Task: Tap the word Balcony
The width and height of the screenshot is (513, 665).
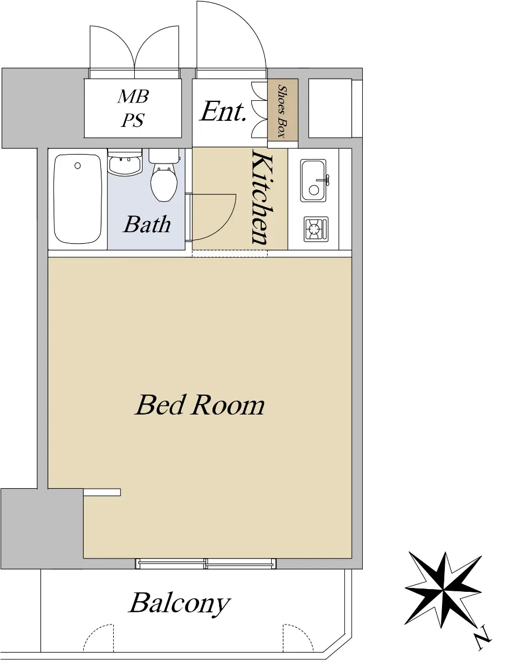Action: (x=180, y=603)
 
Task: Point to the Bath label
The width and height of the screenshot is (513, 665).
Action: (x=147, y=224)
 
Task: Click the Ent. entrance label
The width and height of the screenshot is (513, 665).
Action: (x=224, y=111)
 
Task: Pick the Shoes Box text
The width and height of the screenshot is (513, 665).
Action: (x=283, y=111)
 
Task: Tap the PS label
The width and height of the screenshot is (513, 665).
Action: (x=133, y=120)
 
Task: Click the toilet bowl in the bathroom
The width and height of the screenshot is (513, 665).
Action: (x=164, y=184)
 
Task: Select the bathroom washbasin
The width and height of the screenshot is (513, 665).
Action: (x=125, y=163)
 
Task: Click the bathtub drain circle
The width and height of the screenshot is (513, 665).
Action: (x=78, y=166)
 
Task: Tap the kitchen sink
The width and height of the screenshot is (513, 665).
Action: (x=313, y=181)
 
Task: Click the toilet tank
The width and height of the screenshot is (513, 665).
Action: (x=164, y=156)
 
